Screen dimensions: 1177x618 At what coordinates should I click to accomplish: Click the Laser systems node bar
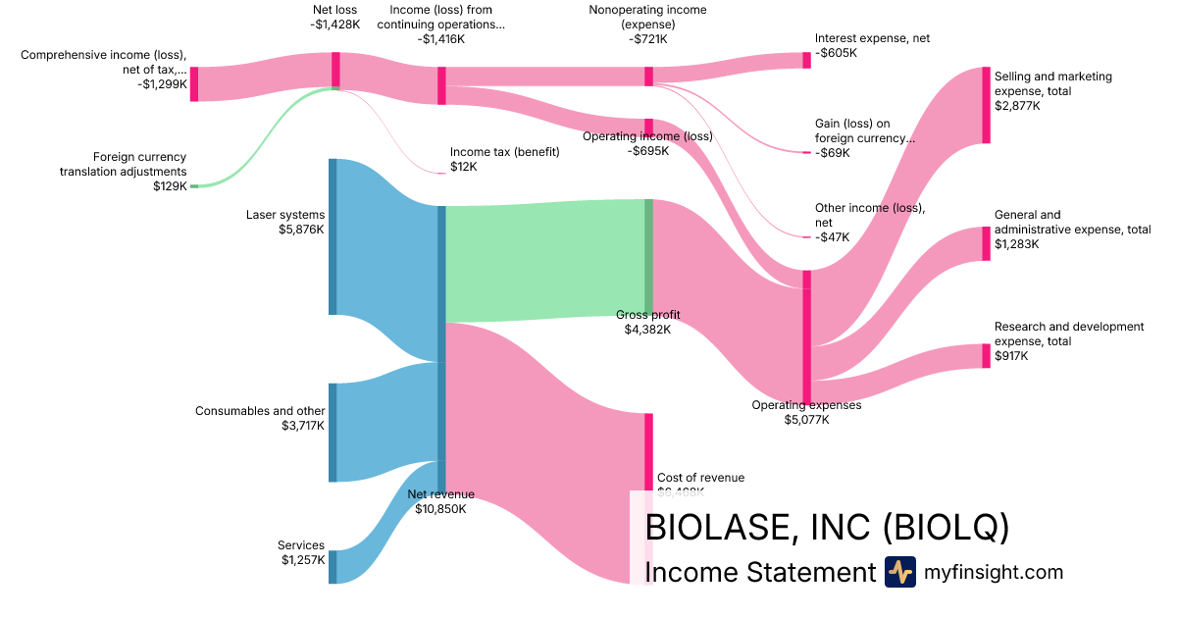[333, 236]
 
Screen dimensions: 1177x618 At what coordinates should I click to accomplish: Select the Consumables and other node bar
[333, 433]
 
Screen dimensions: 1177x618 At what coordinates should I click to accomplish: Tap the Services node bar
[333, 567]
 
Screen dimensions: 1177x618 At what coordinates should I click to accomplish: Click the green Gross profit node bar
[648, 257]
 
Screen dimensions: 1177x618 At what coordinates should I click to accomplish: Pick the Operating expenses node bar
[807, 336]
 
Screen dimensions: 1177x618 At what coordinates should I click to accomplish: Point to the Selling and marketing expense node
[987, 105]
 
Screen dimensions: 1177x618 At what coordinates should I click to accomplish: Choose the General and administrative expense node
[987, 243]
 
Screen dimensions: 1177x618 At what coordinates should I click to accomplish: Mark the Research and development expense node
[987, 355]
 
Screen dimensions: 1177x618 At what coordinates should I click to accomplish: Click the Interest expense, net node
[807, 60]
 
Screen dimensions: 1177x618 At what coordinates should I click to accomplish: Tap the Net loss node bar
[335, 70]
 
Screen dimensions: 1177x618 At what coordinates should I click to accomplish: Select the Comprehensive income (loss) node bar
[194, 83]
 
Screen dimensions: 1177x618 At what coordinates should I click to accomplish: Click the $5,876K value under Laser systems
[301, 230]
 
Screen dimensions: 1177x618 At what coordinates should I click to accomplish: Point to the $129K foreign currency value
[170, 185]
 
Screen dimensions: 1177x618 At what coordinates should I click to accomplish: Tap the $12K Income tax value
[463, 167]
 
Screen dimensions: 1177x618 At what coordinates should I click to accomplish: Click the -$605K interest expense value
[836, 53]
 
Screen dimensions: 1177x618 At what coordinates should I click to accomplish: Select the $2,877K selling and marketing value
[1017, 106]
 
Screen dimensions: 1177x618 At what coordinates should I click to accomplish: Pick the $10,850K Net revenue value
[440, 509]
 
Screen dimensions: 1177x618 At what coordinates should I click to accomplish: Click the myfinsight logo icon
[899, 572]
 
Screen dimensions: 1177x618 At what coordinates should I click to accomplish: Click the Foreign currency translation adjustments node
[194, 185]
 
